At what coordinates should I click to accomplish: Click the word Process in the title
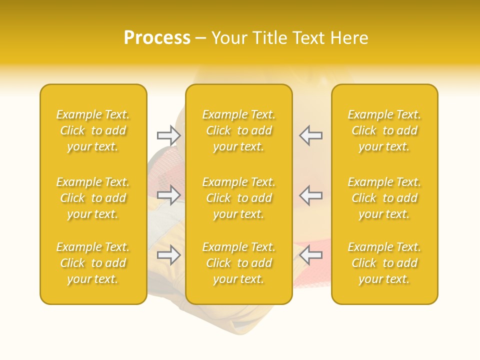tap(157, 38)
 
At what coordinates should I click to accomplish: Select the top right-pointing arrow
tap(169, 135)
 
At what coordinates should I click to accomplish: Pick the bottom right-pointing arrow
tap(169, 255)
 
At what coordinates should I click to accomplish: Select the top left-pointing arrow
tap(310, 135)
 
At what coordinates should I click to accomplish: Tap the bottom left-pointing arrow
tap(310, 255)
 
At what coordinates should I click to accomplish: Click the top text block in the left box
tap(93, 130)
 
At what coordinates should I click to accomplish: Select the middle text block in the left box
tap(93, 198)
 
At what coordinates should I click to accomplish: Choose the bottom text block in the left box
tap(93, 263)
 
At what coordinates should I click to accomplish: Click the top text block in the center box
tap(239, 130)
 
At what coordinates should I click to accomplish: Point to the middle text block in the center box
tap(239, 198)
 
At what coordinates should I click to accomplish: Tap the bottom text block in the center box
tap(239, 263)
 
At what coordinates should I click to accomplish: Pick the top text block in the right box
tap(384, 130)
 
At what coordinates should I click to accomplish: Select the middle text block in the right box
tap(384, 198)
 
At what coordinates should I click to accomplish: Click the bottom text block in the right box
tap(384, 263)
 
